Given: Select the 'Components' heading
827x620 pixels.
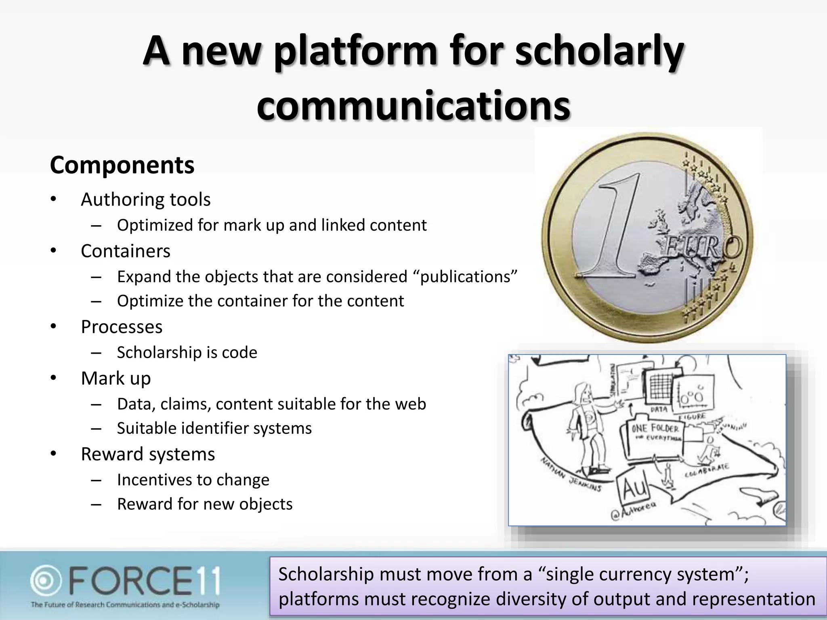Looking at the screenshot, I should (122, 165).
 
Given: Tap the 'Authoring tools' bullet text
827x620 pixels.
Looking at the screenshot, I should (145, 199).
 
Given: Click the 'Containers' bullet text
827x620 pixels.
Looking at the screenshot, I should (125, 251).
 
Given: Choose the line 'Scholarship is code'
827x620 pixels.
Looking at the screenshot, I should (187, 352).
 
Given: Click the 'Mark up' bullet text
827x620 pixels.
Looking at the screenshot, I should (115, 378).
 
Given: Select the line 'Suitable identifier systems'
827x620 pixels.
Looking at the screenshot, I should (214, 428).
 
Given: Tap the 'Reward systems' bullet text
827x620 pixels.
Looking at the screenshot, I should (148, 454).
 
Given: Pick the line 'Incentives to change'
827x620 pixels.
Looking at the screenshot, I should (193, 480).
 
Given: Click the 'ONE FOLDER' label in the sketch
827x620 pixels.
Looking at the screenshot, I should (655, 428).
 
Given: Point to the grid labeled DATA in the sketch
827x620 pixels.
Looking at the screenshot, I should (659, 388).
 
